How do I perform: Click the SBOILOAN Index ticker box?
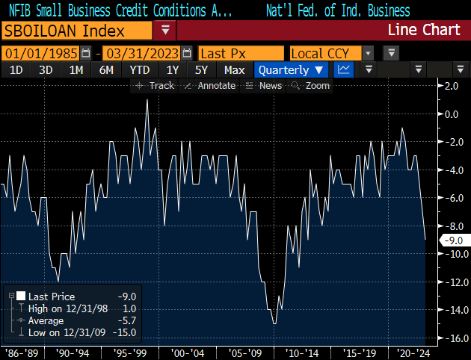click(75, 31)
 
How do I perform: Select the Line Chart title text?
click(423, 31)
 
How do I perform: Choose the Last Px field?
click(241, 53)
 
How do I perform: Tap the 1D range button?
click(16, 69)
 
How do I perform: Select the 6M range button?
click(106, 69)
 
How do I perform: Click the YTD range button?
click(140, 69)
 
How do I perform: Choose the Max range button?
click(234, 69)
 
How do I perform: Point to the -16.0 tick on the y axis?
click(449, 338)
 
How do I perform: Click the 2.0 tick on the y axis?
click(451, 86)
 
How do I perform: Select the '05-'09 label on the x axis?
click(245, 352)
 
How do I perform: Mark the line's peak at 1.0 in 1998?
click(147, 100)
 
